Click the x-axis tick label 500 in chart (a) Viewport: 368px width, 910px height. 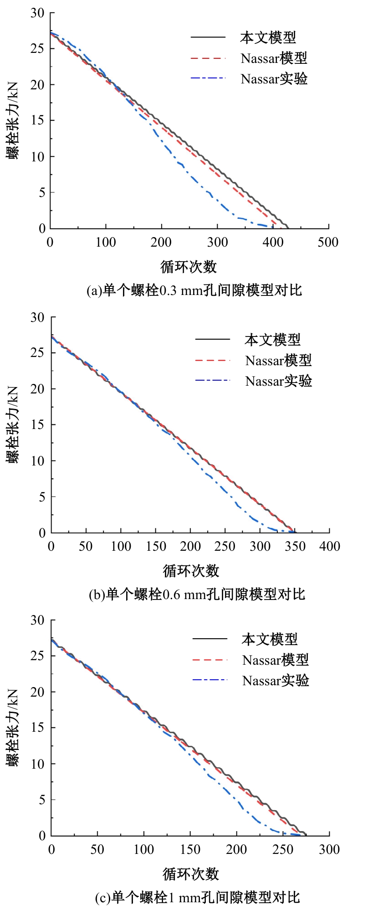tap(328, 242)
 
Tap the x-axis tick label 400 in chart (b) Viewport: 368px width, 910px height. tap(330, 546)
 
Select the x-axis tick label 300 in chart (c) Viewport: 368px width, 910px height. tap(329, 849)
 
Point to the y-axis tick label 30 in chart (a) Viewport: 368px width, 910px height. tap(37, 13)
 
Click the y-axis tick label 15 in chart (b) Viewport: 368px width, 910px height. tap(38, 425)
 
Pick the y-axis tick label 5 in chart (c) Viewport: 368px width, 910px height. tap(42, 800)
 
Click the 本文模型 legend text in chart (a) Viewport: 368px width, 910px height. tap(268, 37)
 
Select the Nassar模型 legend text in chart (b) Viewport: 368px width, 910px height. tap(278, 360)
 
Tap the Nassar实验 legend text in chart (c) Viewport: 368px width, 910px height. tap(276, 681)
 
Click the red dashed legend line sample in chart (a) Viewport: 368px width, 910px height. tap(208, 58)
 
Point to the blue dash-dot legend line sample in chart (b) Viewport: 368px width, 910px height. tap(213, 381)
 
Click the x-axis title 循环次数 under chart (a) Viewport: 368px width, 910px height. tap(189, 267)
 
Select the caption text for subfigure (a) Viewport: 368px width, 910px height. tap(194, 290)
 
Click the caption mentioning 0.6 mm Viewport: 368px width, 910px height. tap(197, 595)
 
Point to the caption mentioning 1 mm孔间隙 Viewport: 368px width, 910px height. tap(198, 898)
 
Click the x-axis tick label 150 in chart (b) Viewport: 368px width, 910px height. tap(156, 546)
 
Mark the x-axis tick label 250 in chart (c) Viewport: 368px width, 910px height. tap(283, 849)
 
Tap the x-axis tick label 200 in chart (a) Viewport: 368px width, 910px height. tap(161, 242)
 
